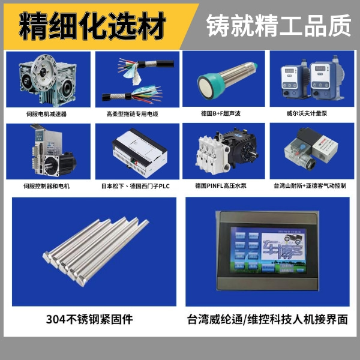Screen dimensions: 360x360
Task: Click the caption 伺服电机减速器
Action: (x=47, y=113)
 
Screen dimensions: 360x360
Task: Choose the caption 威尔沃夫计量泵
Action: (x=309, y=113)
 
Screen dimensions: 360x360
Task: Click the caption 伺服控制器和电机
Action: (x=47, y=186)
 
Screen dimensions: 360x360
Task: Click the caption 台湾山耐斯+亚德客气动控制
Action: (x=309, y=186)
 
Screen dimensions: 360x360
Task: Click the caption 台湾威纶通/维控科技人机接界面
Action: (x=268, y=319)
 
